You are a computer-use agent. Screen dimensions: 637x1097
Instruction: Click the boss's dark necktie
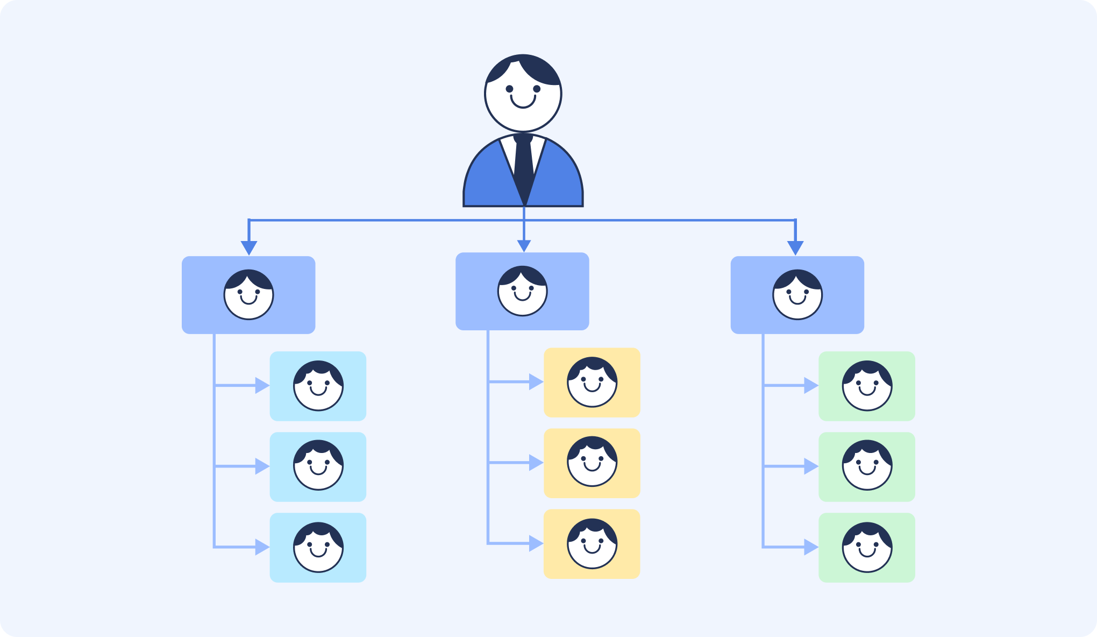[x=523, y=161]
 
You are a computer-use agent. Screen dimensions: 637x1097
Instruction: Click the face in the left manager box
[x=248, y=295]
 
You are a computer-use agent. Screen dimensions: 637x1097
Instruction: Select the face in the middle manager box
[x=522, y=291]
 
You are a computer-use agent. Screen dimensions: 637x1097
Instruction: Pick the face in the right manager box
[x=797, y=295]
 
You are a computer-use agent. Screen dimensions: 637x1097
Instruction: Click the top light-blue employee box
[x=318, y=386]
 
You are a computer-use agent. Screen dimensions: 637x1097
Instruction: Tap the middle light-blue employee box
[x=318, y=466]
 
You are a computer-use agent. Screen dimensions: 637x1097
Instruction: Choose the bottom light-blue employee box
[x=318, y=547]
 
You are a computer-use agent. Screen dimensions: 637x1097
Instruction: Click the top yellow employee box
[x=592, y=383]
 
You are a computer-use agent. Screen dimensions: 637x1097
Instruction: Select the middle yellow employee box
[x=592, y=463]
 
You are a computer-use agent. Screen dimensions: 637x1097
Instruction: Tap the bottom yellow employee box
[x=592, y=543]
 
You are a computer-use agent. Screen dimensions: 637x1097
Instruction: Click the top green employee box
[x=866, y=386]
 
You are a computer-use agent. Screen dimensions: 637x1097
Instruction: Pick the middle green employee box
[x=866, y=466]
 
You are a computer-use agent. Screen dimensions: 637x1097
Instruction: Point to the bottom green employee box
[x=866, y=547]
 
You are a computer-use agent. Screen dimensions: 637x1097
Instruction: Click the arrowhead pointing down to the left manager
[x=248, y=247]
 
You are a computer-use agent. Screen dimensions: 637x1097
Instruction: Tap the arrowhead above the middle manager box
[x=524, y=246]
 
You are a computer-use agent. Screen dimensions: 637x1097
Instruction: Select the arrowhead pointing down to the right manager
[x=795, y=247]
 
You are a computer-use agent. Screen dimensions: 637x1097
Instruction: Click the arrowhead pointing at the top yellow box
[x=536, y=382]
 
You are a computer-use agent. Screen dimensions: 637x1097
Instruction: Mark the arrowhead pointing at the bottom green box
[x=810, y=547]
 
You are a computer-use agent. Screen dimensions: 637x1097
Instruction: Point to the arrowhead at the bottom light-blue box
[x=261, y=547]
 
